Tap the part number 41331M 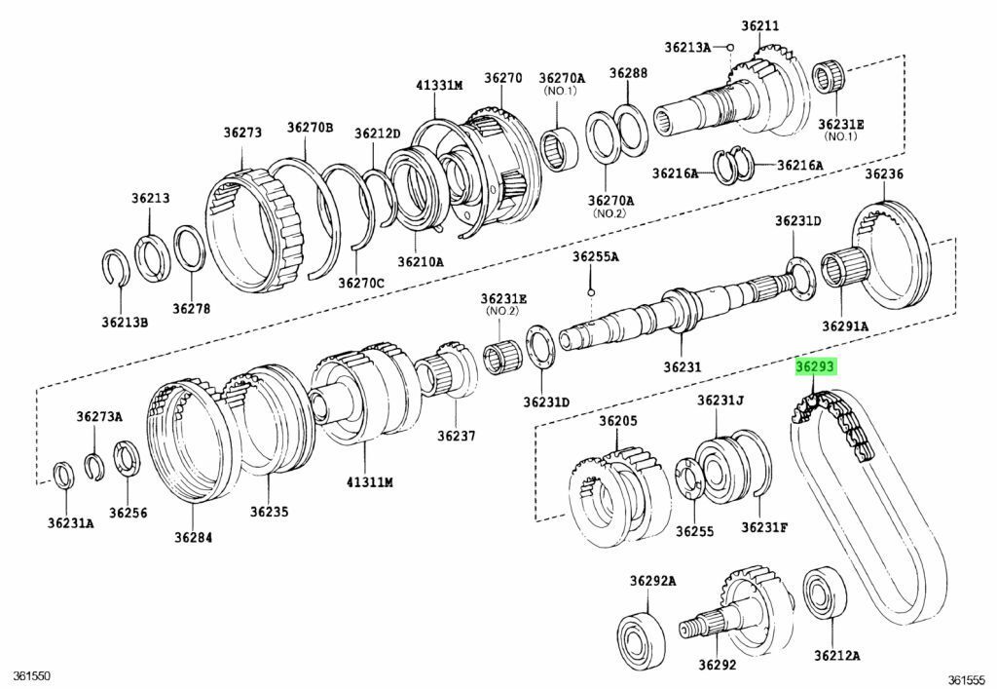[x=439, y=86]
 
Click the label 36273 [x=241, y=133]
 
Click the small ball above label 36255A [x=591, y=292]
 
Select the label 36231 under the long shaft [x=683, y=367]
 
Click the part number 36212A [x=837, y=656]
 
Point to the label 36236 [x=884, y=173]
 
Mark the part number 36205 [x=617, y=421]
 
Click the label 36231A [x=70, y=523]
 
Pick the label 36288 [x=628, y=73]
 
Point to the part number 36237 [x=456, y=436]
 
